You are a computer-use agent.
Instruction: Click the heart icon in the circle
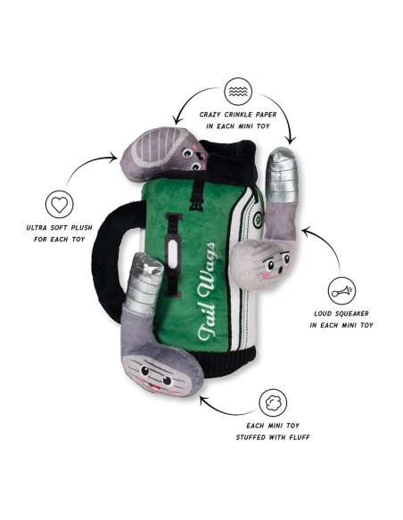[x=60, y=205]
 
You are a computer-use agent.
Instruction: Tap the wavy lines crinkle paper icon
[x=238, y=92]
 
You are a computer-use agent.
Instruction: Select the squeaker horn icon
[x=341, y=291]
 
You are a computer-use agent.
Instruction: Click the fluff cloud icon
[x=273, y=403]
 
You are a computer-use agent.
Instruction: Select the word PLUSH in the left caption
[x=80, y=228]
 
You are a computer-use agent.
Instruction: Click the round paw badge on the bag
[x=258, y=220]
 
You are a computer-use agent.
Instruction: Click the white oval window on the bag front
[x=173, y=254]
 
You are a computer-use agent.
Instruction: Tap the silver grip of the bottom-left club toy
[x=144, y=282]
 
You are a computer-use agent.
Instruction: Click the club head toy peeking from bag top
[x=163, y=154]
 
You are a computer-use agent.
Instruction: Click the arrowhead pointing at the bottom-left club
[x=202, y=399]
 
